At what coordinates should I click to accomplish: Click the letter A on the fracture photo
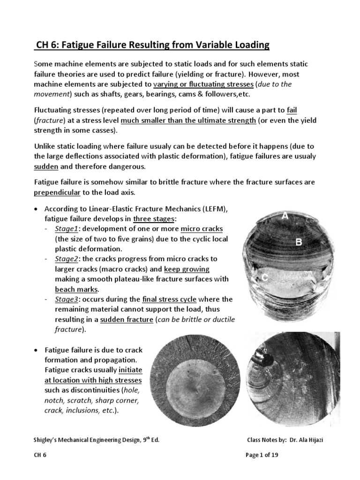point(285,216)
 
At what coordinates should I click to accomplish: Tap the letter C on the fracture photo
point(265,278)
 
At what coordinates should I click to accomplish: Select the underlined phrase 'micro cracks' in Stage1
point(202,228)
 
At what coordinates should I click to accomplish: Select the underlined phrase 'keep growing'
point(187,269)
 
